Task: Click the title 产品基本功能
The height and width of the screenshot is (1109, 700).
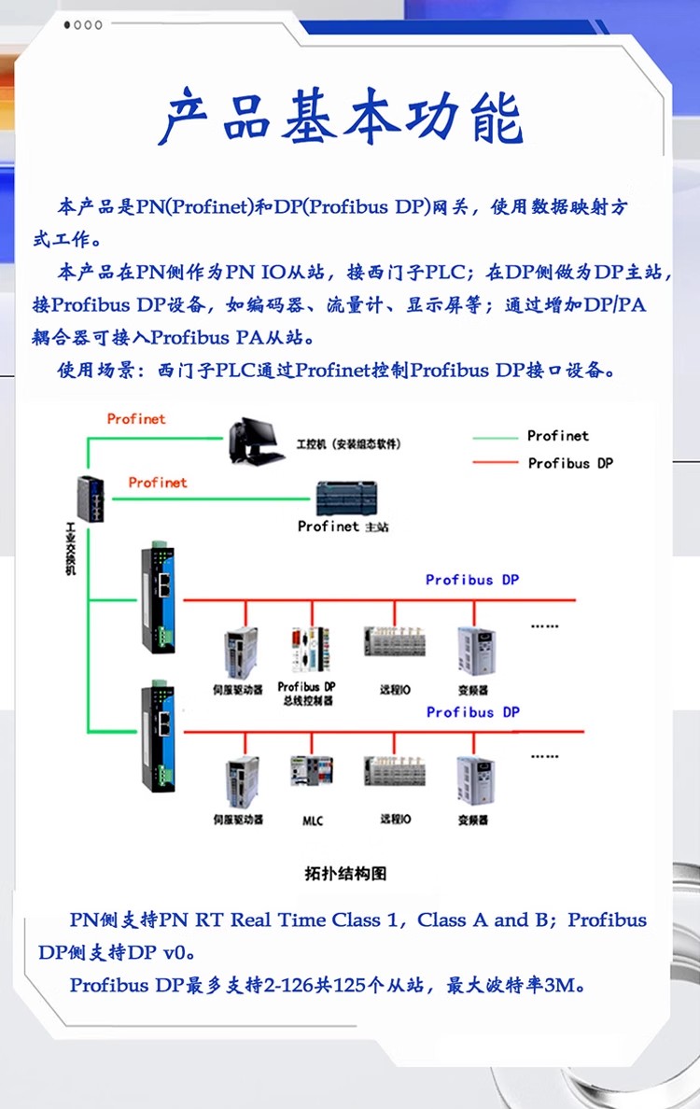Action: [x=342, y=119]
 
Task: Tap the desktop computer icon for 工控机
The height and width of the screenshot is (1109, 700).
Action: [x=253, y=442]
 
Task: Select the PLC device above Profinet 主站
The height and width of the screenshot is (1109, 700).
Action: [x=346, y=498]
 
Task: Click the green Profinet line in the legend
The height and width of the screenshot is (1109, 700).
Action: [x=495, y=437]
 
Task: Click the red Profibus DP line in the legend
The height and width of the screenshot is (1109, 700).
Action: [x=495, y=463]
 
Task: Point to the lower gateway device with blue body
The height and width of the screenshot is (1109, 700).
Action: [x=158, y=737]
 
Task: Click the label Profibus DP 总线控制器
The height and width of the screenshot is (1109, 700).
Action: [x=306, y=694]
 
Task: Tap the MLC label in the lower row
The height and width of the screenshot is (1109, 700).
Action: [x=312, y=821]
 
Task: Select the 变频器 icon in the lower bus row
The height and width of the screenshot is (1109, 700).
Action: [x=474, y=780]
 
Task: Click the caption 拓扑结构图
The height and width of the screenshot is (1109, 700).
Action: [x=344, y=874]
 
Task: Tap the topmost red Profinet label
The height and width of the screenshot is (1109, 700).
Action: [x=136, y=419]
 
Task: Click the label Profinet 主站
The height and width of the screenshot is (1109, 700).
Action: [x=343, y=526]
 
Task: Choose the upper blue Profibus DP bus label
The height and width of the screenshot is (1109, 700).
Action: [x=472, y=580]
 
